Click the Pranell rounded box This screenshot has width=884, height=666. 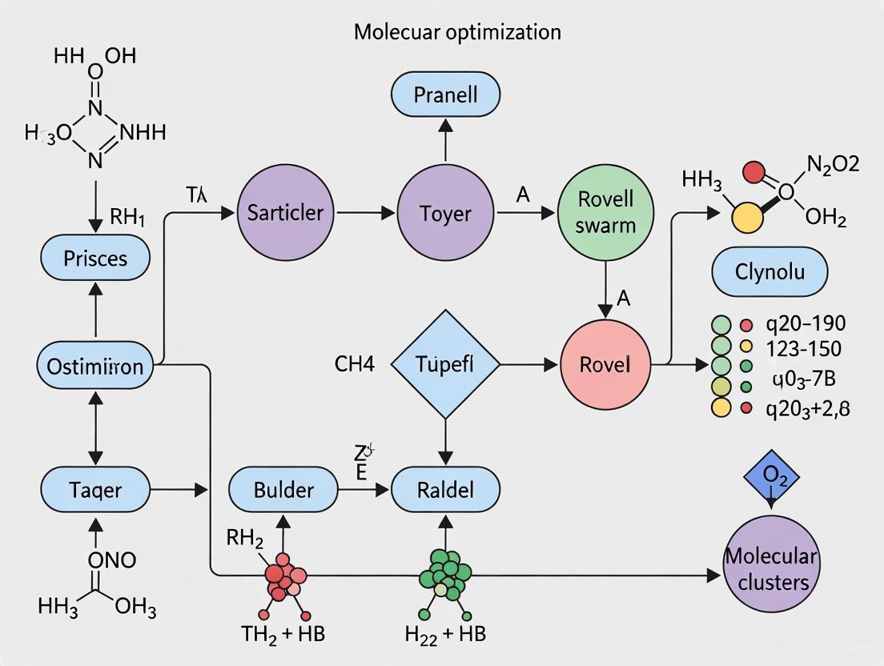(446, 95)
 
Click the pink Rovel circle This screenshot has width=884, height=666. (605, 365)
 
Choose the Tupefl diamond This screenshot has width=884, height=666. (445, 365)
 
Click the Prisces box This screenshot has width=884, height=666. (95, 259)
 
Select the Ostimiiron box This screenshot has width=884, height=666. (95, 367)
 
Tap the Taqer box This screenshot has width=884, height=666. (95, 488)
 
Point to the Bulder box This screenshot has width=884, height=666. (284, 488)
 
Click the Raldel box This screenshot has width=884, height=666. (445, 488)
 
